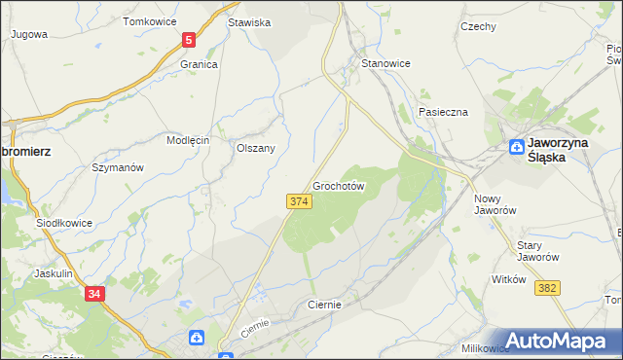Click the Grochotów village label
click(339, 185)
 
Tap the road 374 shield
click(299, 200)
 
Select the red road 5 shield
click(189, 40)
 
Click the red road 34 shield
click(94, 293)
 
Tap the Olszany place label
click(256, 148)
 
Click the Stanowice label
click(385, 63)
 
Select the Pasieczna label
click(443, 112)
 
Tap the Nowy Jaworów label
click(494, 204)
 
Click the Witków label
click(509, 279)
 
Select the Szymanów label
click(118, 167)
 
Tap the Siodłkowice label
click(64, 223)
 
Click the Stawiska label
click(248, 21)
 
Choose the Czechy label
click(478, 26)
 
